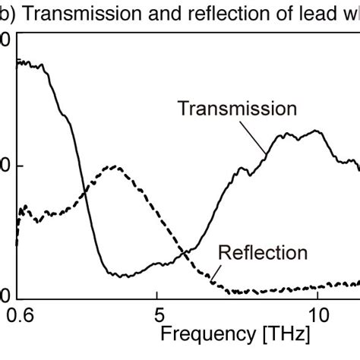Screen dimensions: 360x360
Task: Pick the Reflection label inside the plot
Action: pos(262,253)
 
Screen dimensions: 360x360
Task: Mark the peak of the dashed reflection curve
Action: pos(113,166)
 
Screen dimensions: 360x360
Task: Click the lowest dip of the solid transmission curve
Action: pos(122,275)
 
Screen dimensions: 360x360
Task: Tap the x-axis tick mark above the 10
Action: pos(317,294)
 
